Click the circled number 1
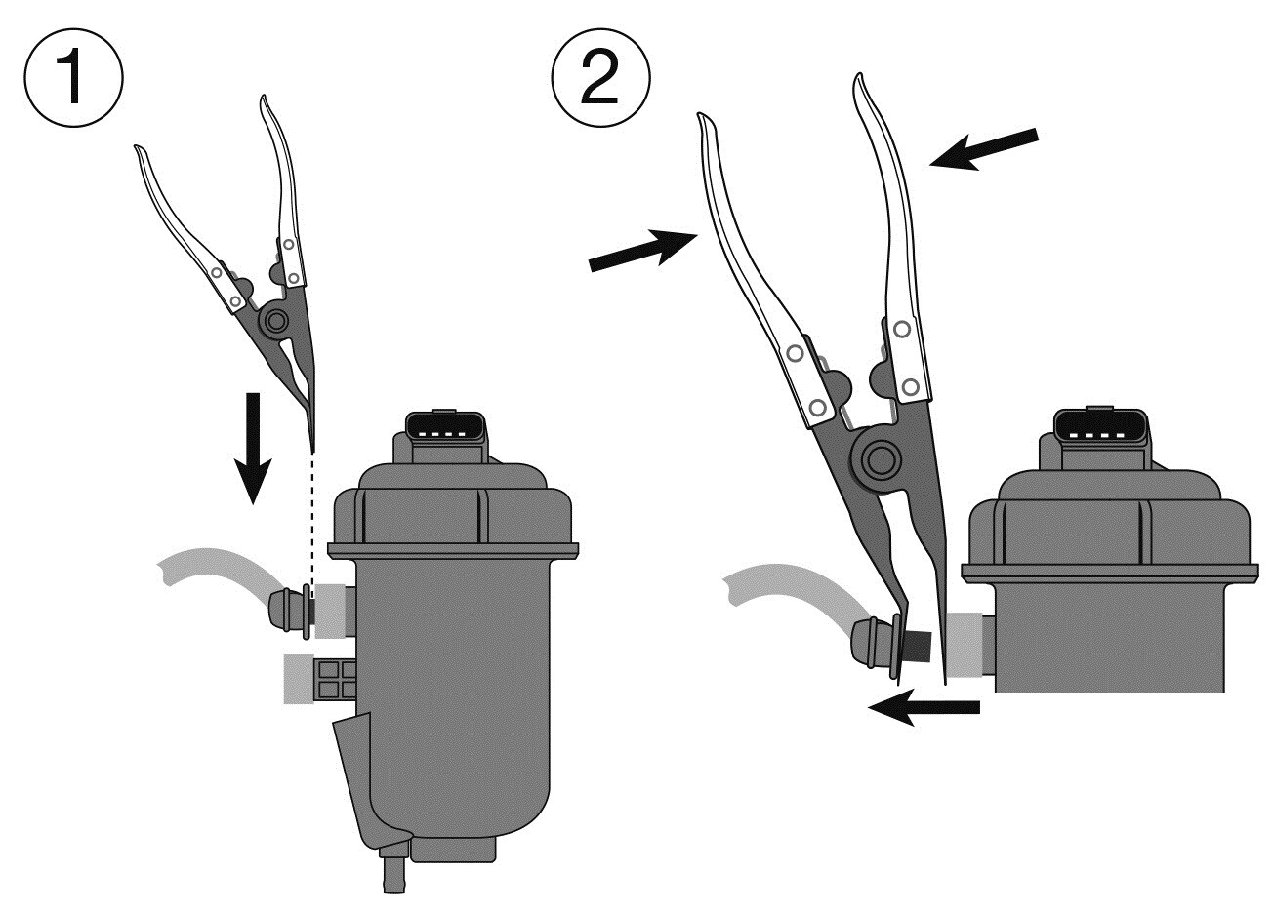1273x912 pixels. [73, 77]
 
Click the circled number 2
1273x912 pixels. [600, 77]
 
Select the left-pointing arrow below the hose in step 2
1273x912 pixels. [924, 707]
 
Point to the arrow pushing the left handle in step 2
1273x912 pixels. [643, 251]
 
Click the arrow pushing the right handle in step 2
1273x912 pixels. [984, 149]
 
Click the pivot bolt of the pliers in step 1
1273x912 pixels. [276, 322]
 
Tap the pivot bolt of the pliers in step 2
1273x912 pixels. [881, 459]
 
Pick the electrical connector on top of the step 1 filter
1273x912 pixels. [446, 429]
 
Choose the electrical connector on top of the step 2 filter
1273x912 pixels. [1100, 426]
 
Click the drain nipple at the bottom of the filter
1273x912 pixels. [393, 876]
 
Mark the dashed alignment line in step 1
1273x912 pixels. [312, 524]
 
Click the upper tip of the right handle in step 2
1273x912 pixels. [859, 76]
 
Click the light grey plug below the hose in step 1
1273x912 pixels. [299, 679]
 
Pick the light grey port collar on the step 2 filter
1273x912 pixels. [965, 645]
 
